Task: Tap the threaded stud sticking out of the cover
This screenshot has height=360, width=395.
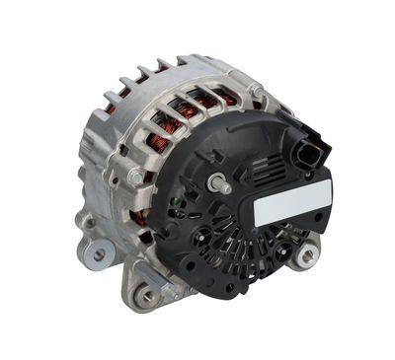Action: pyautogui.click(x=216, y=183)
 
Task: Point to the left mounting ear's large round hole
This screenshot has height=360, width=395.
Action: pyautogui.click(x=98, y=254)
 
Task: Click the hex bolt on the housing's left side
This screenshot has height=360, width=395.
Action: pyautogui.click(x=135, y=178)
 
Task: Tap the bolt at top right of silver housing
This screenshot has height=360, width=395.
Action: pyautogui.click(x=256, y=91)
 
